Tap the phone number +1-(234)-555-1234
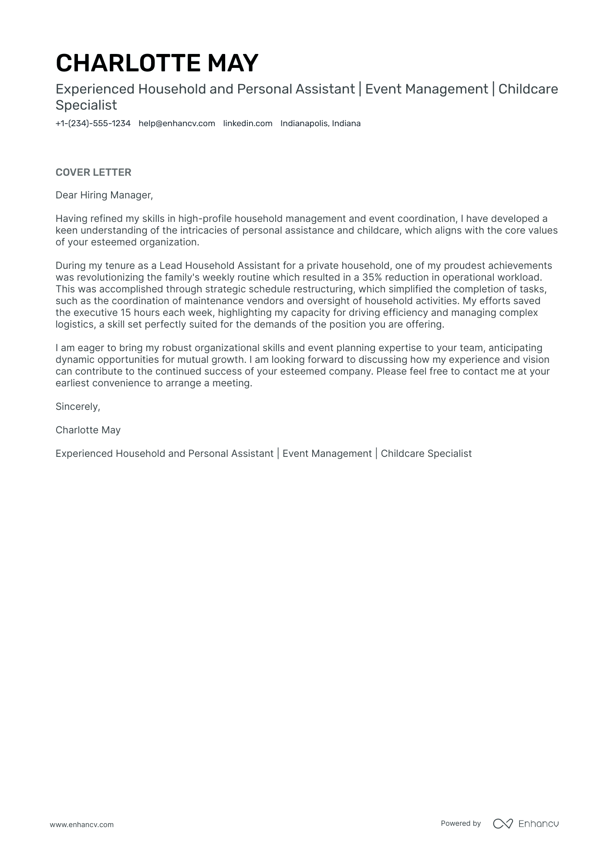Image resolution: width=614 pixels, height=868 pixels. click(x=93, y=124)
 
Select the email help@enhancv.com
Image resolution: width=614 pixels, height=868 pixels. click(x=177, y=124)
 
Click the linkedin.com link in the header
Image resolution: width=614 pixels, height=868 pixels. click(x=247, y=124)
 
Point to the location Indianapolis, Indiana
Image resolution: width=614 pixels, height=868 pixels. click(x=320, y=124)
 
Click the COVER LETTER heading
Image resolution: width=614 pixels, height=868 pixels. click(x=93, y=172)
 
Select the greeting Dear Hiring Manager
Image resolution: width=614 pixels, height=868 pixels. click(x=104, y=195)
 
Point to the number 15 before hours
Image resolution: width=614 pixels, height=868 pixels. click(x=126, y=313)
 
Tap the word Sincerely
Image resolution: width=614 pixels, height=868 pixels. click(x=78, y=407)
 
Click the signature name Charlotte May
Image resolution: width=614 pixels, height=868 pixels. click(x=88, y=430)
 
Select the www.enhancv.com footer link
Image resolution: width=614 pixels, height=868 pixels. click(x=81, y=824)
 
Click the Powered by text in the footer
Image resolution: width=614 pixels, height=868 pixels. click(x=460, y=823)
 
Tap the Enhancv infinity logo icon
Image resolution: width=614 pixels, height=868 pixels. click(x=503, y=824)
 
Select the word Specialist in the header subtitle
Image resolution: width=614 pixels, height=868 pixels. click(x=86, y=105)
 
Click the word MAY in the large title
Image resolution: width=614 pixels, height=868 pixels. click(x=233, y=63)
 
